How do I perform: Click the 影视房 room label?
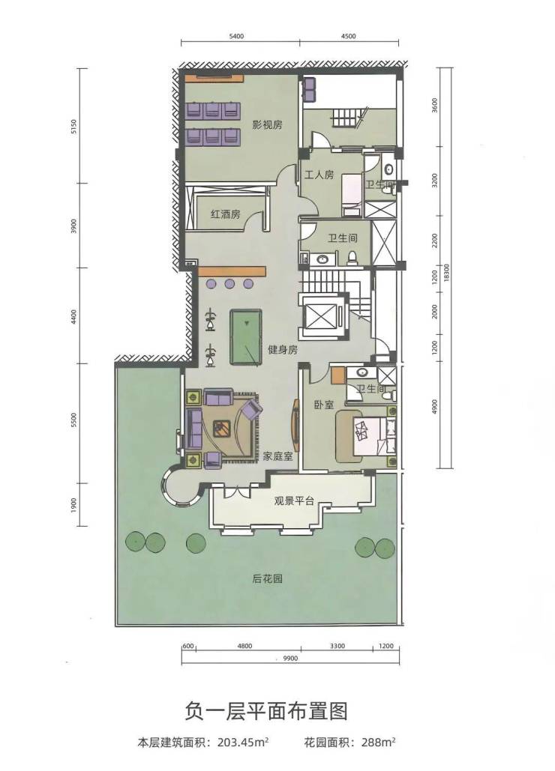point(267,124)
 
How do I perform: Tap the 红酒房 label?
point(225,214)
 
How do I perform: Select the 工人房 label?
point(319,175)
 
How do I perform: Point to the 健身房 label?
point(283,350)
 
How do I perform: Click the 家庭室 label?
point(277,456)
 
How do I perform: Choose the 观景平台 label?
point(294,501)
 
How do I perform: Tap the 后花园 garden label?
point(268,578)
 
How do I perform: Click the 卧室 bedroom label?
point(324,405)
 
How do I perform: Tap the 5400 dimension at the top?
point(237,36)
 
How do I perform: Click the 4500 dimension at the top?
point(348,36)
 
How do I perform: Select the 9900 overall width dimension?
point(290,659)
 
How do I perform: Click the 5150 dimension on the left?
point(74,127)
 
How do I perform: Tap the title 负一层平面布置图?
point(266,712)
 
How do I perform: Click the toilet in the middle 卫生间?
point(352,258)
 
